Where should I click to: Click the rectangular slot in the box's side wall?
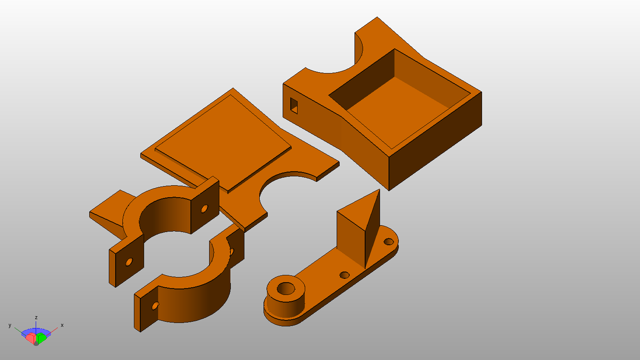point(294,106)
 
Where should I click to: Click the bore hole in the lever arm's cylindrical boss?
point(286,288)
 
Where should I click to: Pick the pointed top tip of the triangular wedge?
point(379,190)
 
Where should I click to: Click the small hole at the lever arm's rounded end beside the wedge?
point(389,241)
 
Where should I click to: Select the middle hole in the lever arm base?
point(344,275)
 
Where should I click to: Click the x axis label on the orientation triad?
point(62,325)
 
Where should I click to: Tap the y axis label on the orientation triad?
point(10,325)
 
